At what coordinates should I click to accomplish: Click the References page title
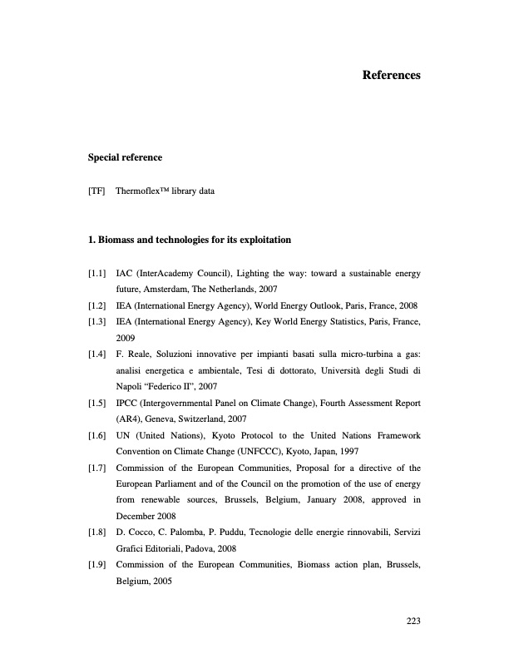pyautogui.click(x=391, y=76)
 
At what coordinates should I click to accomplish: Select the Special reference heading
pyautogui.click(x=125, y=157)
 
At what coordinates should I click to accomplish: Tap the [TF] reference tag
pyautogui.click(x=96, y=191)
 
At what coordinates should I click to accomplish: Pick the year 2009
pyautogui.click(x=126, y=339)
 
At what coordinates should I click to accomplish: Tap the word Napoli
pyautogui.click(x=130, y=387)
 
